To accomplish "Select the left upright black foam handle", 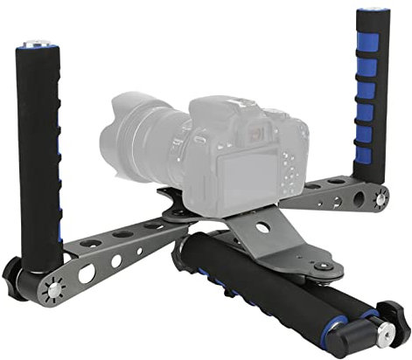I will pyautogui.click(x=38, y=149).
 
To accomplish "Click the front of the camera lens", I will pyautogui.click(x=119, y=131).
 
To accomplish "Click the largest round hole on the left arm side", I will pyautogui.click(x=87, y=273).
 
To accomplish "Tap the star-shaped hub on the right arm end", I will pyautogui.click(x=381, y=199).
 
